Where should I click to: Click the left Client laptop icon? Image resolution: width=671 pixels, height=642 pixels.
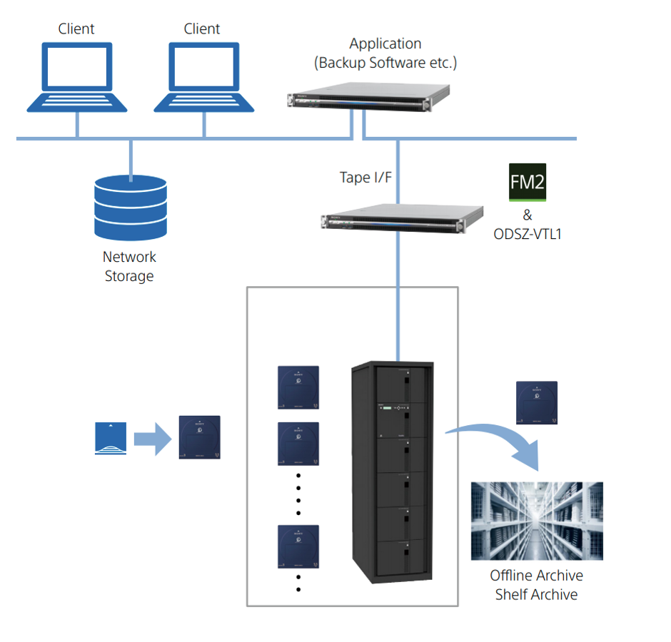point(77,77)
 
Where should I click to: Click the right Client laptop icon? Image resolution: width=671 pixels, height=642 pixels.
point(204,77)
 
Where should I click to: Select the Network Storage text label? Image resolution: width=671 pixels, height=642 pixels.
point(129,266)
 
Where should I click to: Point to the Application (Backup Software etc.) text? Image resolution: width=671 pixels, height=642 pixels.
point(385,53)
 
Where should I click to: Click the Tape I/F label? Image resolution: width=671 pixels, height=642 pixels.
point(365,178)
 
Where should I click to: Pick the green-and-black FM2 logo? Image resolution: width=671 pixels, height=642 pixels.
point(528,182)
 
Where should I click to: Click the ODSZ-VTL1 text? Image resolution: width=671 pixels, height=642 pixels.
point(528,233)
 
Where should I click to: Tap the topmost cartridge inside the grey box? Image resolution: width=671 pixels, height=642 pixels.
point(298,387)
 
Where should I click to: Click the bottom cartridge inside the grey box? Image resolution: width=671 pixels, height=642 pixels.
point(298,546)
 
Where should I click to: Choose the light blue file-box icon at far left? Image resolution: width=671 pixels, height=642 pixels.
point(111,439)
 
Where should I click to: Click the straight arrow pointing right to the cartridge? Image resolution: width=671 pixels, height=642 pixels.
point(151,438)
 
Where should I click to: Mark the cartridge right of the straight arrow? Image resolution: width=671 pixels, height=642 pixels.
point(199,437)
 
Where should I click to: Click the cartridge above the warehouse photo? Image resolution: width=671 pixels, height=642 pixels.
point(537,402)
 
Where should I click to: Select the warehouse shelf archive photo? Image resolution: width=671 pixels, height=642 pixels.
point(537,521)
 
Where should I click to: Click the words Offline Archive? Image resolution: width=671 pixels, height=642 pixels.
point(537,576)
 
